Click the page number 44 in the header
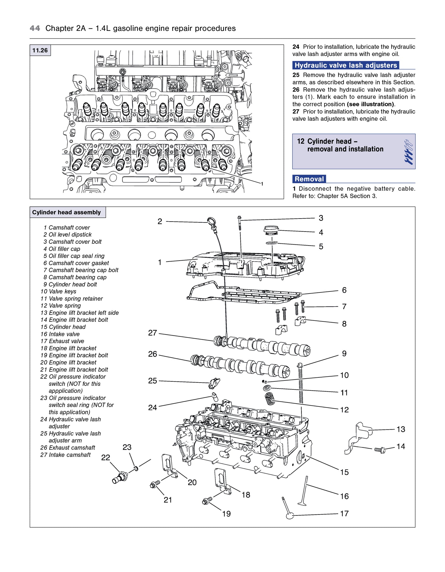35,28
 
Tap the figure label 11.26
40,50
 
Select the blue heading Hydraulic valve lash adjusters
346,65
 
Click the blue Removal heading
309,179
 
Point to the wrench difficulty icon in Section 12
408,152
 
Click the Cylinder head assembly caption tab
67,212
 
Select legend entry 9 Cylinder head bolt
70,284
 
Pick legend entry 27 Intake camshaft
65,455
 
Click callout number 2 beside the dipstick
160,222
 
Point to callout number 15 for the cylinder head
344,472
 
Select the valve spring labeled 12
270,398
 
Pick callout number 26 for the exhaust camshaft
152,354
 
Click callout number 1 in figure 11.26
262,184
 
